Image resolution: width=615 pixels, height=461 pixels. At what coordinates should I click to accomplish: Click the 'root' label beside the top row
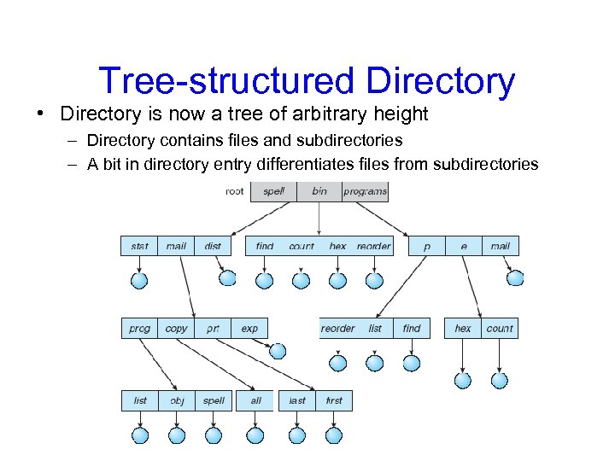point(234,191)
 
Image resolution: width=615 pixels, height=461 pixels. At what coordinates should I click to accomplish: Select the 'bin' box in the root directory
point(319,191)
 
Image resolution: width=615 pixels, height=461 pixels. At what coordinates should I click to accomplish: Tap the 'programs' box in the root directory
point(365,191)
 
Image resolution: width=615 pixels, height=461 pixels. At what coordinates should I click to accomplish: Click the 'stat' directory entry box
point(139,246)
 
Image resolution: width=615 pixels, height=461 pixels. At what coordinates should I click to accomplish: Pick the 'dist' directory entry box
point(213,246)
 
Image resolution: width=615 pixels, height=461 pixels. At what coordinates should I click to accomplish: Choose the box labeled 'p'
point(426,246)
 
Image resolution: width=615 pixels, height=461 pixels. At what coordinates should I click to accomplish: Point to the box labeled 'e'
point(464,246)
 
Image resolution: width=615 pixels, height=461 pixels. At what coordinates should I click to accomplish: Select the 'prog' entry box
point(139,328)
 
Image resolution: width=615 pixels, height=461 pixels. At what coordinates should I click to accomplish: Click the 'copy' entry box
point(176,328)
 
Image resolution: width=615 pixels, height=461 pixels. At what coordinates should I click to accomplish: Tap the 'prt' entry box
point(213,328)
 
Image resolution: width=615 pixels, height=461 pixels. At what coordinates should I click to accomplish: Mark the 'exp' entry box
point(249,328)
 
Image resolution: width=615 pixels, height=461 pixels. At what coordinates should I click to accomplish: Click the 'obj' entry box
point(177,400)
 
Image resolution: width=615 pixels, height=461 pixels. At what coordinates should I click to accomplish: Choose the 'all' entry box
point(255,400)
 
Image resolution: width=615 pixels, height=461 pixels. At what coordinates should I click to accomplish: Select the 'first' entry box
point(334,400)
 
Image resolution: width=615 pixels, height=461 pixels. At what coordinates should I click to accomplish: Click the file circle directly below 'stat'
point(139,280)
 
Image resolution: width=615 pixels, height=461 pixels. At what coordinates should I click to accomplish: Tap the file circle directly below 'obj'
point(177,435)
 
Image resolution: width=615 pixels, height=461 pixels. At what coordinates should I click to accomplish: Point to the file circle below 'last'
point(297,435)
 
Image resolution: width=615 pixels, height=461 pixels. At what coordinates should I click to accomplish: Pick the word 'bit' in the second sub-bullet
point(110,164)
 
